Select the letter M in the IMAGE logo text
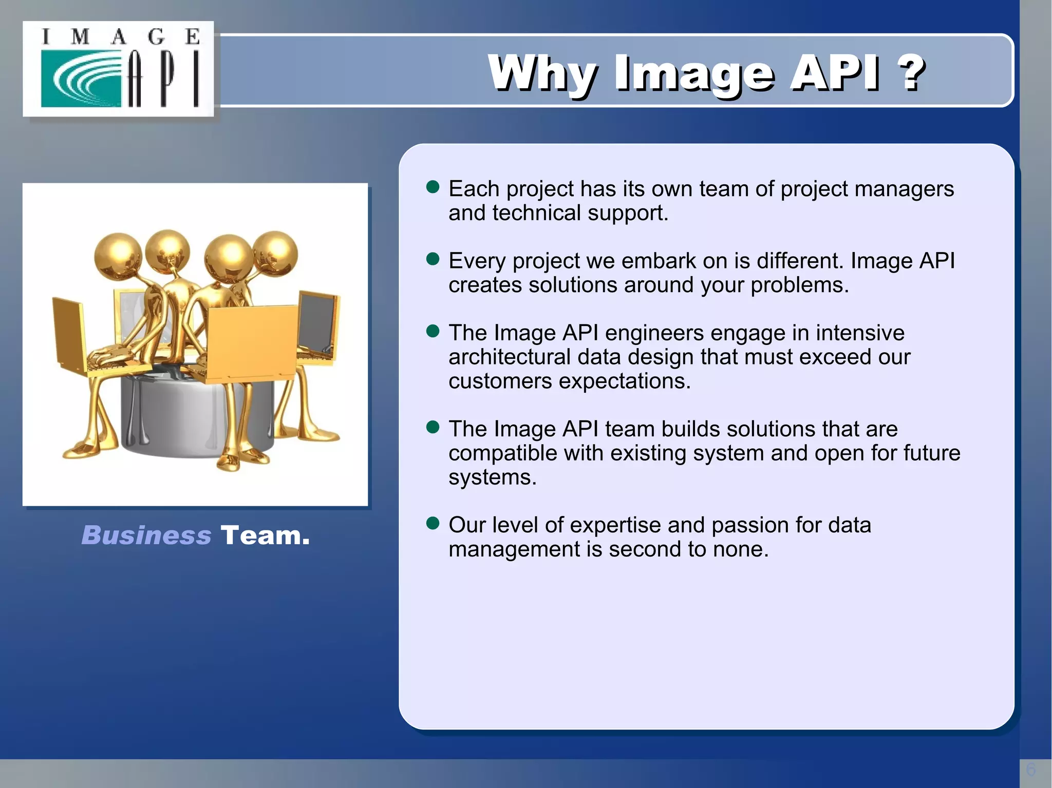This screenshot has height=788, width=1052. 80,37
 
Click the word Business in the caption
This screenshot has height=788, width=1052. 146,535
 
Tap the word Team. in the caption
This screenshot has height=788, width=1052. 265,535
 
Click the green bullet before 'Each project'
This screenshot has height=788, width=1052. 433,187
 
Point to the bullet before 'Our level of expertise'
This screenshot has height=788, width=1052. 433,523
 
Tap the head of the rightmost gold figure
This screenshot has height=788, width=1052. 276,253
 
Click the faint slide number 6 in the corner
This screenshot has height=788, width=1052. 1030,770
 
